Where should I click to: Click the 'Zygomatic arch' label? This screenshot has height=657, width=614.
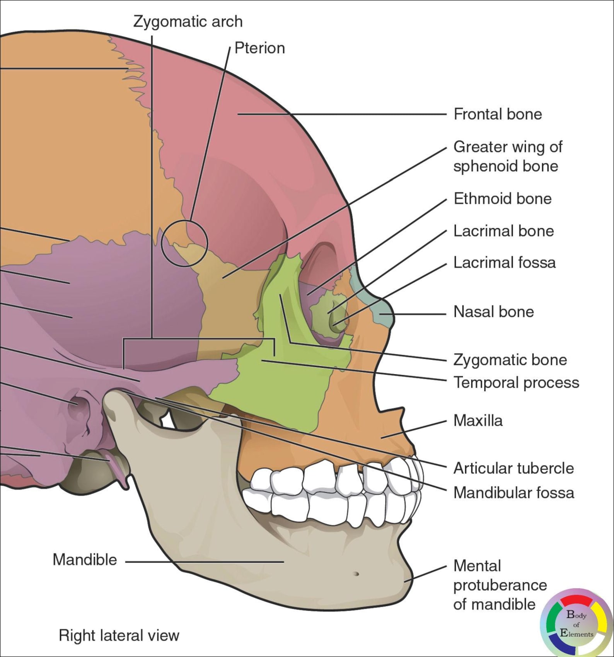coord(188,22)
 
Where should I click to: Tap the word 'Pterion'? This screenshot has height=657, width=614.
coord(259,48)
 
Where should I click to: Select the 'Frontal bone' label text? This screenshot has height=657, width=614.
coord(498,114)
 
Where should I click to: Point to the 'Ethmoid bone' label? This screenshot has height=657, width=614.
coord(502,199)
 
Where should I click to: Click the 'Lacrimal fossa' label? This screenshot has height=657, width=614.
coord(504,263)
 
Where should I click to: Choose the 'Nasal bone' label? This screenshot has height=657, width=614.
coord(493,312)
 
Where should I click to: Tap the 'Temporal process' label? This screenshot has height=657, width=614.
coord(516,383)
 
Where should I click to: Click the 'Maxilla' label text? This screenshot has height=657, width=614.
coord(478,421)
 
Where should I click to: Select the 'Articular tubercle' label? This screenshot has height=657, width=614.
coord(513,468)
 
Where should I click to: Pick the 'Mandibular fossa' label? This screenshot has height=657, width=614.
coord(513,493)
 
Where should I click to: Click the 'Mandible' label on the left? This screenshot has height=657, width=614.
coord(85,560)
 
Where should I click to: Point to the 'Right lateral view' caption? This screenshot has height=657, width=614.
coord(119,635)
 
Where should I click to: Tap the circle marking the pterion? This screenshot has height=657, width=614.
coord(184,244)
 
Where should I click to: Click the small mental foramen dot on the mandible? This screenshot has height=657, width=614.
coord(356,574)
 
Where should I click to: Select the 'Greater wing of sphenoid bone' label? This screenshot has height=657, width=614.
coord(507,157)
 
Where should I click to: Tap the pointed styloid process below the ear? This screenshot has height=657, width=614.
coord(120,472)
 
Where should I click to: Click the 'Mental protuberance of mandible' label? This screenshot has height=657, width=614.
coord(500,585)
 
